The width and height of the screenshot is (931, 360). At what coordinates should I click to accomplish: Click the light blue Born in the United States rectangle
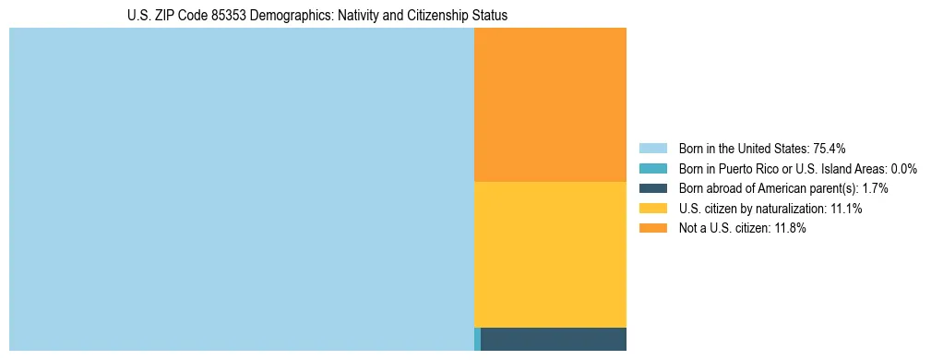[241, 189]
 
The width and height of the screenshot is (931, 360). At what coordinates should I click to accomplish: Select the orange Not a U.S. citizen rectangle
[550, 104]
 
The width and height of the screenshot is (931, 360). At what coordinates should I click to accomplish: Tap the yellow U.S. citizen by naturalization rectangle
[550, 254]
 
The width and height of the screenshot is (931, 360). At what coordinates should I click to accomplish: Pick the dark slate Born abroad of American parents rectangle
[554, 339]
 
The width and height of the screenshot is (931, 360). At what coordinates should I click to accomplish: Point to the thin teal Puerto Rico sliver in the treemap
[477, 339]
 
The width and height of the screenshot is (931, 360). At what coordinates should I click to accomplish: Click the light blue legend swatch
[652, 148]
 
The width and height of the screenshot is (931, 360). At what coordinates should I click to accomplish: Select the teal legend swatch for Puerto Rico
[652, 168]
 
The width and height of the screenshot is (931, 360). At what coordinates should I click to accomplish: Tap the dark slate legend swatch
[652, 188]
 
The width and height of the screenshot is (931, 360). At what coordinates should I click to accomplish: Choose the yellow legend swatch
[652, 209]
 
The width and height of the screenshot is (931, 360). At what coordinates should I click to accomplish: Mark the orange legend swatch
[652, 229]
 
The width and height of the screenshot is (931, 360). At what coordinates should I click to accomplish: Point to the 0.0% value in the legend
[903, 168]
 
